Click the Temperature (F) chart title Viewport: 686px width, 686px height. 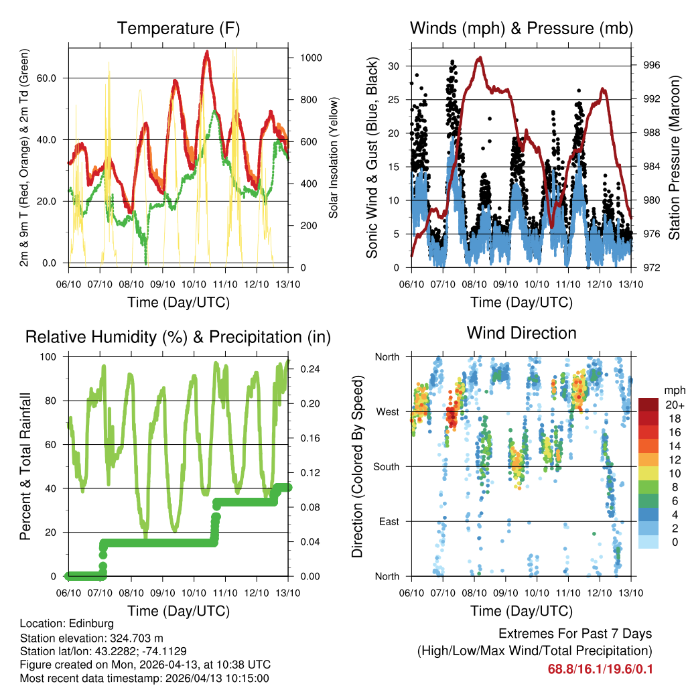pyautogui.click(x=178, y=28)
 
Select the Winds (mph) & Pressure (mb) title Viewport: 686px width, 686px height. pyautogui.click(x=521, y=28)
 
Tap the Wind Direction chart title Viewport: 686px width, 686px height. pyautogui.click(x=521, y=333)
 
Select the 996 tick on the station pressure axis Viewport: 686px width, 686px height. pyautogui.click(x=651, y=65)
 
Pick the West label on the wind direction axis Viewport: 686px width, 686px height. pyautogui.click(x=387, y=411)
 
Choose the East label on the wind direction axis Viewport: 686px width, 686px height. pyautogui.click(x=388, y=521)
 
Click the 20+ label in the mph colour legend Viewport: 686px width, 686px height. pyautogui.click(x=674, y=405)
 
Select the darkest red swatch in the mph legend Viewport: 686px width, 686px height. pyautogui.click(x=648, y=405)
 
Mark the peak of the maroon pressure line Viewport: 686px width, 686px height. pyautogui.click(x=479, y=58)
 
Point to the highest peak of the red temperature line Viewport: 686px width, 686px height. pyautogui.click(x=207, y=52)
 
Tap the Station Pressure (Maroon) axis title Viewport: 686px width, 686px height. pyautogui.click(x=674, y=157)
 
